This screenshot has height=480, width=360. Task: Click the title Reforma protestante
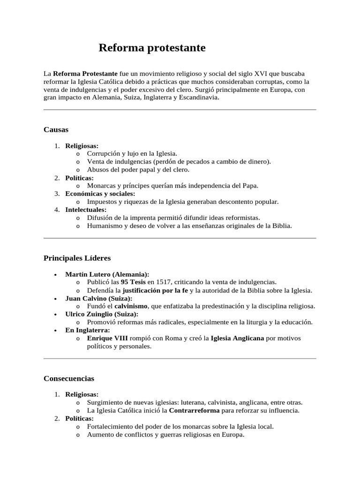click(x=152, y=48)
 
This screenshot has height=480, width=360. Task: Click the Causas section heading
click(x=56, y=129)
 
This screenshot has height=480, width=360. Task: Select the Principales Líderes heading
click(x=77, y=258)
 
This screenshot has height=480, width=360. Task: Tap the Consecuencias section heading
click(x=69, y=378)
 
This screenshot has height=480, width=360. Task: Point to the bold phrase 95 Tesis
click(x=133, y=282)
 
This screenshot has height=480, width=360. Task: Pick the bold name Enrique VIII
click(x=107, y=338)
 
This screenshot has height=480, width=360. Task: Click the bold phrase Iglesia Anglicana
click(x=237, y=338)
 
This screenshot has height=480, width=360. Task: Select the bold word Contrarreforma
click(x=194, y=411)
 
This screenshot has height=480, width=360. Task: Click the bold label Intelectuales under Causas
click(x=85, y=210)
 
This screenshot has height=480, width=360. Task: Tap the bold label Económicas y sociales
click(x=100, y=194)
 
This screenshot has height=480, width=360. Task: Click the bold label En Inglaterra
click(x=87, y=330)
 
